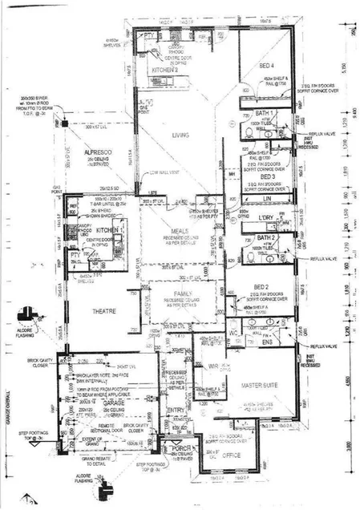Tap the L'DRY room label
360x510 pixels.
point(266,217)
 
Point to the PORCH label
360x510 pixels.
point(173,448)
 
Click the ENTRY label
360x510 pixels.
point(174,411)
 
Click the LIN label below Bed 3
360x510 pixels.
point(269,197)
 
